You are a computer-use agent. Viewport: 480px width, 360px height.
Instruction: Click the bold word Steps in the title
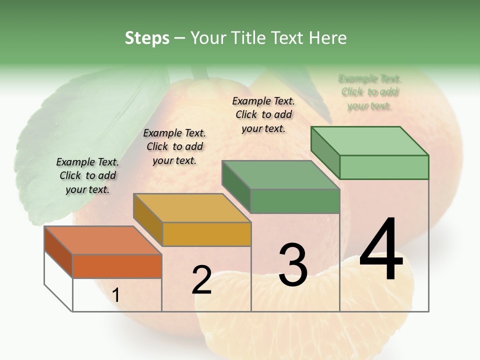pos(147,38)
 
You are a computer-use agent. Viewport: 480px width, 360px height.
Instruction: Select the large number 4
pos(381,249)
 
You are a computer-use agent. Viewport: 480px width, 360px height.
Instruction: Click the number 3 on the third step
pos(293,265)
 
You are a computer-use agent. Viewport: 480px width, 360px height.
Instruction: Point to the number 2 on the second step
pos(201,280)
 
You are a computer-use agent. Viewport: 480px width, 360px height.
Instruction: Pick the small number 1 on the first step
pos(116,295)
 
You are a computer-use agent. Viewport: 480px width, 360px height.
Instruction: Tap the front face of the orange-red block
pos(117,266)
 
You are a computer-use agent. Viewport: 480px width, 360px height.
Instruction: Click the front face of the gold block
pos(206,234)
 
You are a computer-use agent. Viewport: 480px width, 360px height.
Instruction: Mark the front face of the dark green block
pos(295,201)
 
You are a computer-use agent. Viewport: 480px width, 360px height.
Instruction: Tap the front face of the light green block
pos(384,167)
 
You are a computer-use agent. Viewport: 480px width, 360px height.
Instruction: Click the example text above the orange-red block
pos(87,175)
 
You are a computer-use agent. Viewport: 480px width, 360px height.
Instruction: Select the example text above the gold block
pos(174,146)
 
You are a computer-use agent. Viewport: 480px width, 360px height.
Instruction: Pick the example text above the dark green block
pos(263,114)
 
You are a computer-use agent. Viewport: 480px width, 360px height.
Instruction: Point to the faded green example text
pos(370,92)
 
